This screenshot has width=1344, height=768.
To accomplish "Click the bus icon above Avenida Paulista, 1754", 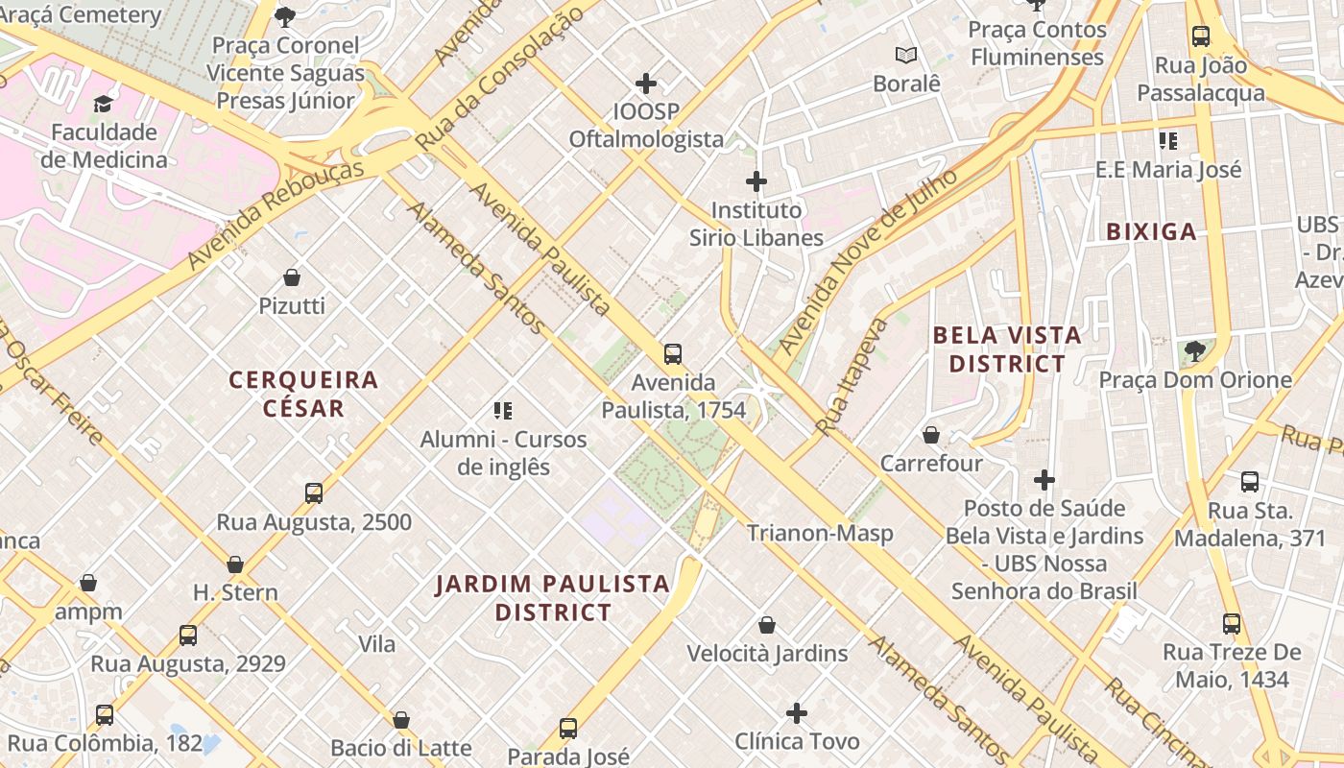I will click(673, 353).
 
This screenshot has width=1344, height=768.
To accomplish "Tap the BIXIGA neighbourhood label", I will click(1151, 231).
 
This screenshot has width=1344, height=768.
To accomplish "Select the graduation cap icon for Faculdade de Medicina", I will click(103, 103).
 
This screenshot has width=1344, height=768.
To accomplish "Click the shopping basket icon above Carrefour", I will click(930, 435).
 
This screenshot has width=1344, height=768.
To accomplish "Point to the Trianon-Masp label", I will click(820, 533).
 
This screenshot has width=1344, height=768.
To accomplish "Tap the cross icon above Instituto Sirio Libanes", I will click(756, 180).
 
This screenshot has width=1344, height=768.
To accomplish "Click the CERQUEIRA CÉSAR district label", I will click(303, 394).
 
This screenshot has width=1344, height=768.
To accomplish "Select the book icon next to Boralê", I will click(906, 55).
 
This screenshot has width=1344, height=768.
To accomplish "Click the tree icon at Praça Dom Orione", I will click(1194, 351).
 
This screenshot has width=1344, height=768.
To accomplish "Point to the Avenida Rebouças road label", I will click(276, 214).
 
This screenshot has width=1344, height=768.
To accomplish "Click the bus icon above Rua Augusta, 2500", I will click(314, 493).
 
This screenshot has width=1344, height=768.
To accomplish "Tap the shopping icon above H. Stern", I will click(235, 564).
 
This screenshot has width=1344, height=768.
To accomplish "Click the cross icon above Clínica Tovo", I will click(796, 713).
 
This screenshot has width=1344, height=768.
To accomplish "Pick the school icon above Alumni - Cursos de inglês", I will click(503, 411).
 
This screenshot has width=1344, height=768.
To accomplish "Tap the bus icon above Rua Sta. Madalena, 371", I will click(1249, 482).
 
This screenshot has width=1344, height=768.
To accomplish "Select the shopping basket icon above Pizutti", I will click(292, 277).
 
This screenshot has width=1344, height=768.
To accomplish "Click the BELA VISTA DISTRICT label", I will click(1006, 349).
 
